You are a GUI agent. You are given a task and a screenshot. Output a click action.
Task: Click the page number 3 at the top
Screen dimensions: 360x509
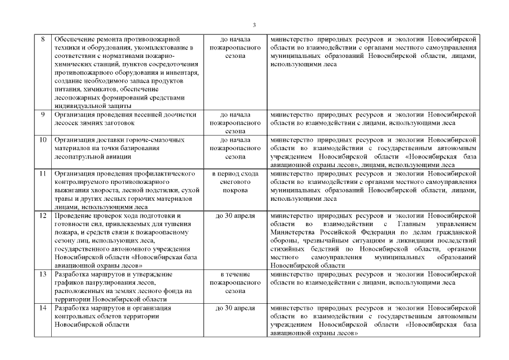coord(254,25)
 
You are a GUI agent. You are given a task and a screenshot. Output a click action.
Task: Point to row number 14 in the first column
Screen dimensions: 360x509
coord(43,308)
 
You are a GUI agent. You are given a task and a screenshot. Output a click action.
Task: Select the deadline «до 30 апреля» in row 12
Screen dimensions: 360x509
coord(235,216)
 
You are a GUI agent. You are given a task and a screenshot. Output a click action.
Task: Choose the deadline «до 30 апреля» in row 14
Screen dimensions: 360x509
coord(235,308)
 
